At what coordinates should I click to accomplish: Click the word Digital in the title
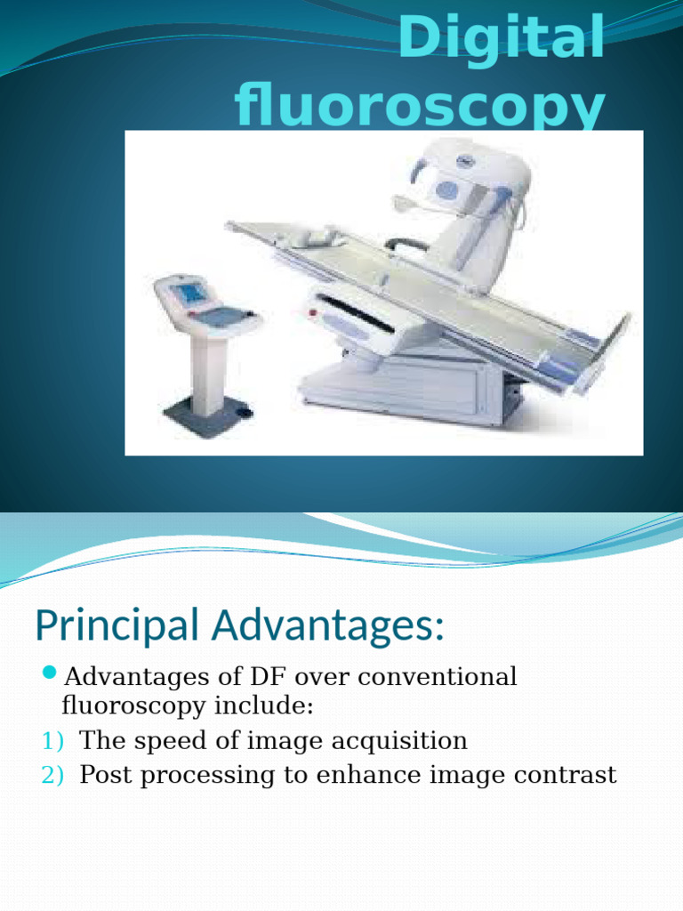pos(501,39)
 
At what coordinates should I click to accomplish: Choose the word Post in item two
pos(106,775)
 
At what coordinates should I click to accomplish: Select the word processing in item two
pos(205,776)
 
